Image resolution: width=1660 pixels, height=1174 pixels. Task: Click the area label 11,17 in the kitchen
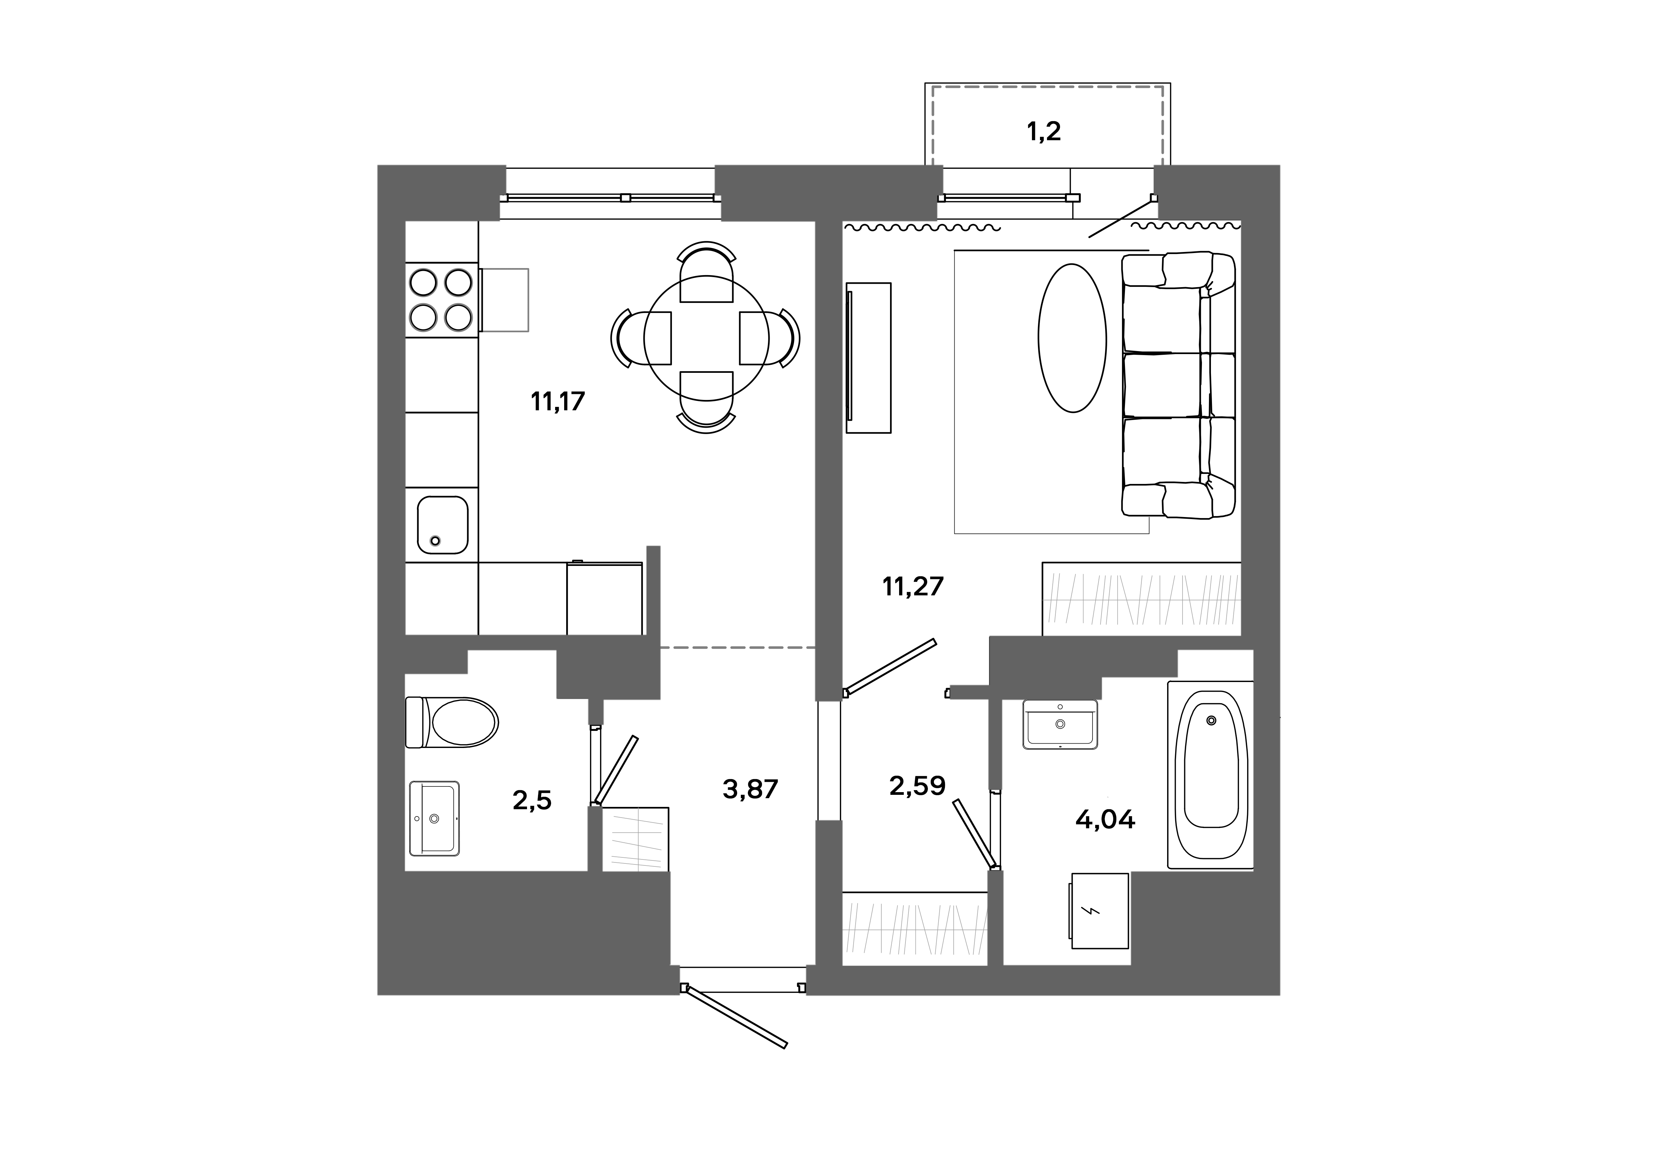coord(557,401)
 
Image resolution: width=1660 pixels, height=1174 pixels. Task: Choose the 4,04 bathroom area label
coord(1105,820)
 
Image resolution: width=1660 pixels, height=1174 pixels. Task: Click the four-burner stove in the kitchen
coord(441,299)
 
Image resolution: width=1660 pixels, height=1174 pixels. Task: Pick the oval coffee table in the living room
coord(1072,338)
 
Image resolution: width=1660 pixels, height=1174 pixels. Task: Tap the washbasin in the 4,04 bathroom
coord(1060,724)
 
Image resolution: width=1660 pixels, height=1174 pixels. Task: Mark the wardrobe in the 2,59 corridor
coord(914,929)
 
